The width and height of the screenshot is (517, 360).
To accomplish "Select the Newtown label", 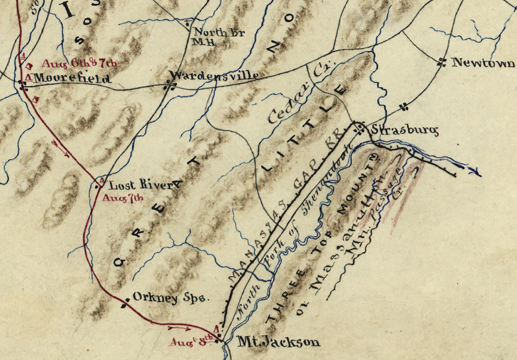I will [483, 63].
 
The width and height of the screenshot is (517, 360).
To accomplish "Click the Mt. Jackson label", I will [279, 342].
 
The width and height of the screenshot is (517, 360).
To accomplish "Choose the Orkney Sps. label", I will [171, 298].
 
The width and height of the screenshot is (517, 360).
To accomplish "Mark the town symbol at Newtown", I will [441, 63].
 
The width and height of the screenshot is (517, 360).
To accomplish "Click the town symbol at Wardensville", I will [169, 85].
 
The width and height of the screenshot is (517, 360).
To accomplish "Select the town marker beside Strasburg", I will [359, 128].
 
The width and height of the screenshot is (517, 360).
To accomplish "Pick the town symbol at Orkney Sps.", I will [126, 305].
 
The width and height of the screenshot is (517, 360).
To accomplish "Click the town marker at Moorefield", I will [23, 84].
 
